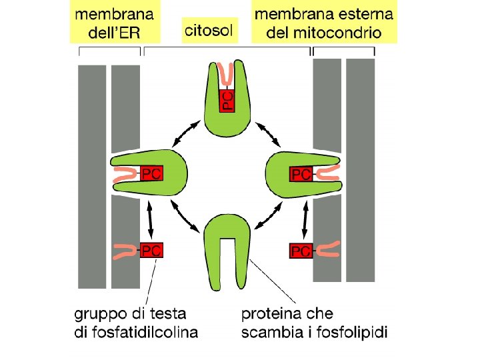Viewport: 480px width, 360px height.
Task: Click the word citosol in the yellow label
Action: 209,30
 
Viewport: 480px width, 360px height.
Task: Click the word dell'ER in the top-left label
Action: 114,33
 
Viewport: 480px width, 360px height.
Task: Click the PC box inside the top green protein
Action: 227,101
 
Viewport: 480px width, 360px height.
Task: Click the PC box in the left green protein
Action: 151,174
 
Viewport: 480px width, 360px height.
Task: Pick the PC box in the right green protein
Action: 301,174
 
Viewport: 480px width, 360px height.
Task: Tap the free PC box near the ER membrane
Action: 151,251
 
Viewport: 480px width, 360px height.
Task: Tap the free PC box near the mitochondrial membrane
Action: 301,251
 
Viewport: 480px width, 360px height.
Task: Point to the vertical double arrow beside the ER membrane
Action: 150,219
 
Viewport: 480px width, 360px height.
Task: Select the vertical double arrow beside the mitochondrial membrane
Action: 304,219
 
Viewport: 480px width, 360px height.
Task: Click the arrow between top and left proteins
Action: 186,133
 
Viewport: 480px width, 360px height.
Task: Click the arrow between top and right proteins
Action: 268,134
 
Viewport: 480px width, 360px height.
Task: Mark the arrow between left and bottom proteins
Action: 185,215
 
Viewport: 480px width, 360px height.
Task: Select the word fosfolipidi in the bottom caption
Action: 352,333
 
